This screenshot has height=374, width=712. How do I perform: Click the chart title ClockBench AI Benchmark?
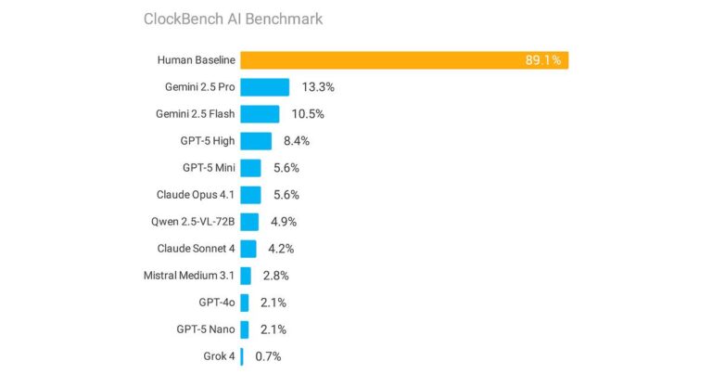pos(233,19)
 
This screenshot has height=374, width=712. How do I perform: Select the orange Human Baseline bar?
pos(404,60)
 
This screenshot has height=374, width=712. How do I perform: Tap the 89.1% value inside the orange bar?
pos(543,60)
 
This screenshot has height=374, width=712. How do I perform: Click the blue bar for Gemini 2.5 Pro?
pos(265,87)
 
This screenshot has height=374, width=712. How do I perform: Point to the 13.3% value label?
pos(318,87)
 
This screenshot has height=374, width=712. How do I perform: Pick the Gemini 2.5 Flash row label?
pos(196,114)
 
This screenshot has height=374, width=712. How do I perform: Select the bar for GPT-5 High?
pos(256,141)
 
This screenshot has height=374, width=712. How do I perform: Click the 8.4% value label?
pos(297,141)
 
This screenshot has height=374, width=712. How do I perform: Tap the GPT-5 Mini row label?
pos(209,168)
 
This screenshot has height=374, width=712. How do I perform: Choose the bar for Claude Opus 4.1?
pos(250,195)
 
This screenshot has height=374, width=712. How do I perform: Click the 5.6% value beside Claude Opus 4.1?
pos(286,195)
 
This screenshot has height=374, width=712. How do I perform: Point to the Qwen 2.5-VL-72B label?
pos(193,222)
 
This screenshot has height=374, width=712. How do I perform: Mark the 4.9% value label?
pos(284,222)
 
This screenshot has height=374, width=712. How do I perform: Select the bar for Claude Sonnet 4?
pos(248,249)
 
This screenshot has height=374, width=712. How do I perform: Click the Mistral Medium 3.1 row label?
pos(189,276)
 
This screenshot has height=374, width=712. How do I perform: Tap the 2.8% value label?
pos(276,276)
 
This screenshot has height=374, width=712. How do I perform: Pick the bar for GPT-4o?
pos(245,303)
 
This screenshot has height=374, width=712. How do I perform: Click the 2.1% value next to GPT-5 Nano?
pos(273,329)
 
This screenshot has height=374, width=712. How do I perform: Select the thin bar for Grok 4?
pos(242,356)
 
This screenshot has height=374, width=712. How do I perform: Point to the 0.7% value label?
pos(268,356)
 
